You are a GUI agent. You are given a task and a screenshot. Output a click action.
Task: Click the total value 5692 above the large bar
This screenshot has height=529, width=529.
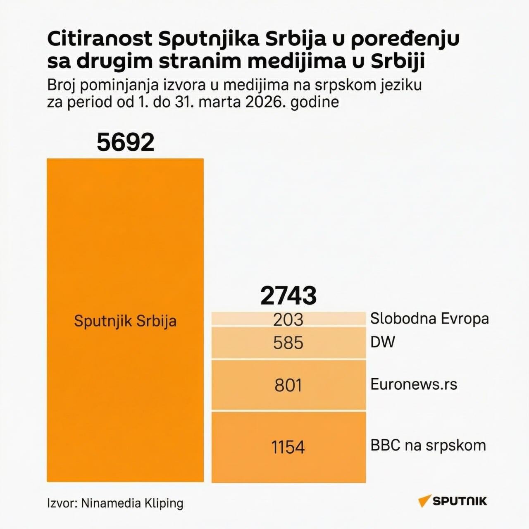click(125, 142)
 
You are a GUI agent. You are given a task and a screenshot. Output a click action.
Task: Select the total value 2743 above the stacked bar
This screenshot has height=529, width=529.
click(288, 295)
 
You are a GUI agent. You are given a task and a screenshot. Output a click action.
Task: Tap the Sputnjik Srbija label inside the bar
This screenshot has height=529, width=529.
click(125, 321)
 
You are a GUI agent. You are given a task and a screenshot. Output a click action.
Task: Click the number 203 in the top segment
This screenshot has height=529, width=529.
click(288, 319)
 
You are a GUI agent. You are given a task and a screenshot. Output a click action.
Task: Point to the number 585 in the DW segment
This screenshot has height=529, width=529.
click(288, 343)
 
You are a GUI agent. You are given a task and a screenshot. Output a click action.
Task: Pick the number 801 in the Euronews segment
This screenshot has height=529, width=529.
click(288, 385)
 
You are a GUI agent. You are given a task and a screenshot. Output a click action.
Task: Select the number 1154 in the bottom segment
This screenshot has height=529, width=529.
click(288, 447)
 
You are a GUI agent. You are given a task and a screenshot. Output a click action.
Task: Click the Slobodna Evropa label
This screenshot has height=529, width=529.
click(429, 318)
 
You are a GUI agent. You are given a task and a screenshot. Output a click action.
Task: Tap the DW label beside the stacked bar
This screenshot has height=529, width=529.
click(383, 342)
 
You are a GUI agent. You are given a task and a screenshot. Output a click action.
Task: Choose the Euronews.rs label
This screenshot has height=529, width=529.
click(414, 384)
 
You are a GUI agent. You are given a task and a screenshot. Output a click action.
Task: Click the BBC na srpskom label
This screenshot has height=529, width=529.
click(428, 445)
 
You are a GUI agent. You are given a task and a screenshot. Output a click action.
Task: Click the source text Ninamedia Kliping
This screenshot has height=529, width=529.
click(132, 503)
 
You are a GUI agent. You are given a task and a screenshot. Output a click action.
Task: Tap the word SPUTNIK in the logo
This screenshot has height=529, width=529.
click(460, 501)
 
